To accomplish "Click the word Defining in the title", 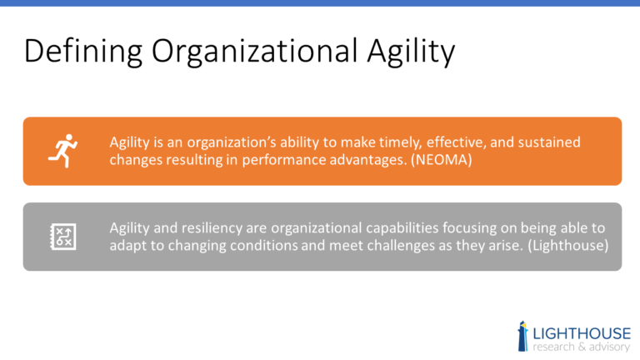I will (76, 52).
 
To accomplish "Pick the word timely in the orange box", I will (380, 142).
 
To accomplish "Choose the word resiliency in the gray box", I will (212, 228).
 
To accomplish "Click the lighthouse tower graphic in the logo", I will (522, 334).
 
